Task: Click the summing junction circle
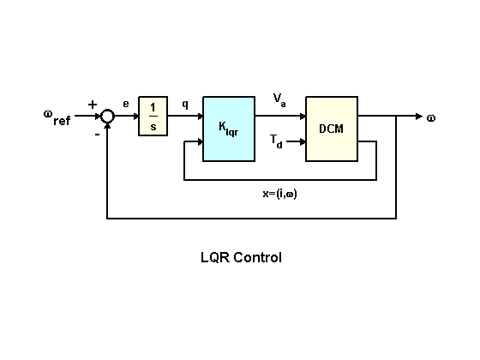[x=107, y=110]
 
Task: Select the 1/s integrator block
[x=153, y=116]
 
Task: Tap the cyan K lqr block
[x=229, y=129]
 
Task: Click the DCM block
[x=332, y=129]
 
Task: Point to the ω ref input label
[x=57, y=118]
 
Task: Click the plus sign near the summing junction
[x=93, y=105]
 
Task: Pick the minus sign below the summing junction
[x=97, y=134]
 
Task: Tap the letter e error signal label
[x=126, y=104]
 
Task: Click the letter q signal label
[x=185, y=104]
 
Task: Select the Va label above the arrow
[x=279, y=100]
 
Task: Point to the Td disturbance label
[x=276, y=141]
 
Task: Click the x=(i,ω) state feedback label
[x=279, y=194]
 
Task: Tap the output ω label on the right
[x=431, y=118]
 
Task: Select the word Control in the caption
[x=257, y=257]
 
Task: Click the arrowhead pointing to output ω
[x=419, y=116]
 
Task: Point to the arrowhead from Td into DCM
[x=302, y=141]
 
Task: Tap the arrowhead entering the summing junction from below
[x=107, y=126]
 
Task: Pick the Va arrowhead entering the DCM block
[x=302, y=116]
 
